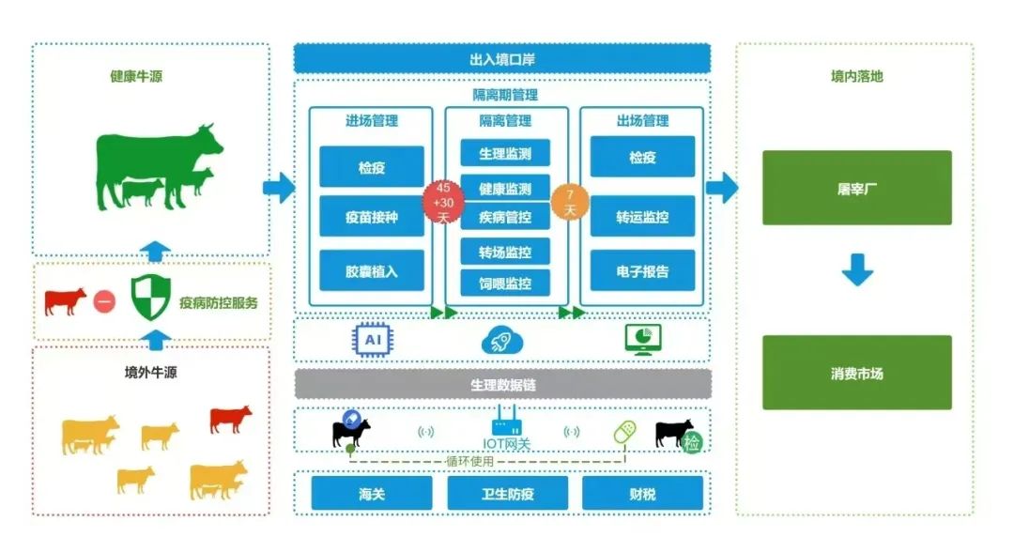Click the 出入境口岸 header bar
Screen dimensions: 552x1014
[x=502, y=58]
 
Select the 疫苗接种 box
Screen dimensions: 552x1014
[x=371, y=217]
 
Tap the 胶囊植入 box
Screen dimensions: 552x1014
[x=371, y=270]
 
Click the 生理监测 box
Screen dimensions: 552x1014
[x=505, y=153]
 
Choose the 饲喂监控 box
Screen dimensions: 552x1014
[x=505, y=283]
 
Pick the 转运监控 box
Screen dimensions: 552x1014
[x=642, y=216]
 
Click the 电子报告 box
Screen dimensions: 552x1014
[x=642, y=271]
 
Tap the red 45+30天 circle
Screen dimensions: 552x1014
[x=443, y=201]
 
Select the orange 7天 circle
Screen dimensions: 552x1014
[x=570, y=201]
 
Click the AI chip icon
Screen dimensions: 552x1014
[x=373, y=340]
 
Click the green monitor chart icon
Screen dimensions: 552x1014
[x=643, y=340]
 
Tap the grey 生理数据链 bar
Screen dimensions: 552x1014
[x=502, y=384]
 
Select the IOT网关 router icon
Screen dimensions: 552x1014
[x=506, y=421]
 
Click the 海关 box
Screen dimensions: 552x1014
[x=372, y=493]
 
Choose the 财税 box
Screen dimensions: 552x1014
[x=642, y=493]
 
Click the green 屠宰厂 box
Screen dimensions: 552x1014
[x=856, y=188]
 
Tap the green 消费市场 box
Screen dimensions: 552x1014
[x=856, y=373]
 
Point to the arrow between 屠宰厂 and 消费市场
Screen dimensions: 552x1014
[x=856, y=269]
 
